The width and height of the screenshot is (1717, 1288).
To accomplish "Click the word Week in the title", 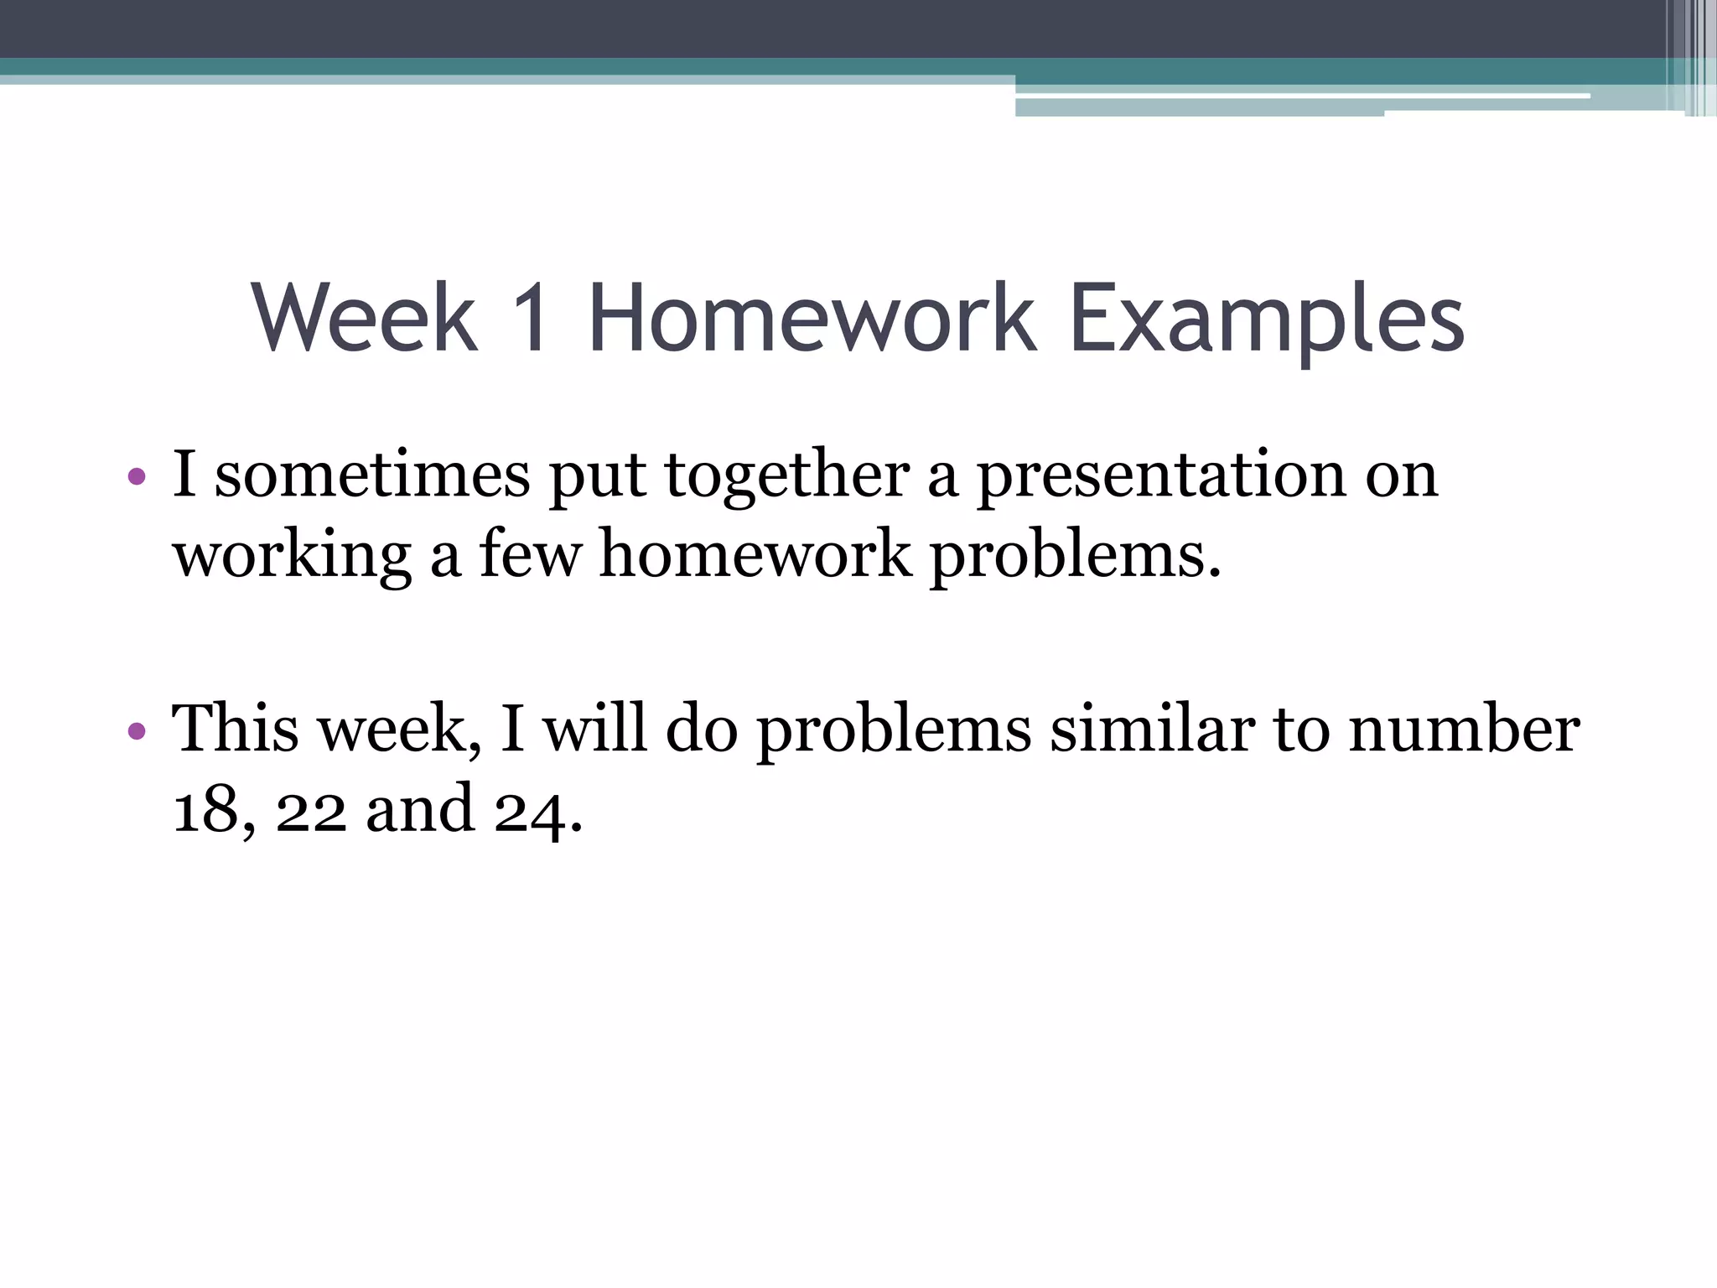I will click(x=365, y=319).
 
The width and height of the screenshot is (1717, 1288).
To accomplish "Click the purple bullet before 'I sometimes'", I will click(x=137, y=478).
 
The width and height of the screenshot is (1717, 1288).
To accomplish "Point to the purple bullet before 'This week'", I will click(x=137, y=731).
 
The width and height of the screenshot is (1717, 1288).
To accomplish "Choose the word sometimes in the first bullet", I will click(x=372, y=475).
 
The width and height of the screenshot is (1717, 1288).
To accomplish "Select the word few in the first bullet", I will click(x=530, y=555).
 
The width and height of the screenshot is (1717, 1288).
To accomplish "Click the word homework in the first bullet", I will click(x=755, y=555).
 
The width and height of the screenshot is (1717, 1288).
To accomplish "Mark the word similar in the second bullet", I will click(x=1153, y=728).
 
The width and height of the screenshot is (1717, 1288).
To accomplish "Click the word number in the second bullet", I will click(x=1464, y=728).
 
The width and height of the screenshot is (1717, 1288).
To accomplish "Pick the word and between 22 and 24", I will click(x=419, y=808).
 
